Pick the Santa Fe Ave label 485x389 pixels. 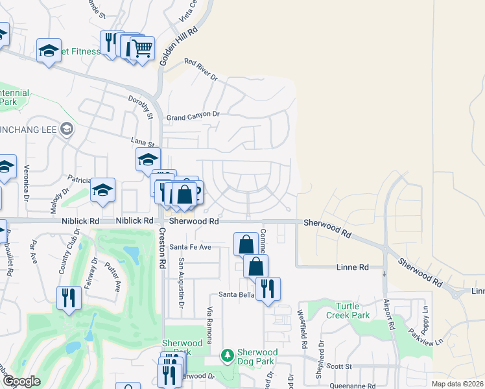click(x=191, y=247)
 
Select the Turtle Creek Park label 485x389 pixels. click(x=353, y=311)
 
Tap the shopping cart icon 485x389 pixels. click(x=142, y=49)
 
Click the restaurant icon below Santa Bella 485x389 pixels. click(x=268, y=289)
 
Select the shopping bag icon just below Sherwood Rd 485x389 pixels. click(x=246, y=244)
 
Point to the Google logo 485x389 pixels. click(x=21, y=381)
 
